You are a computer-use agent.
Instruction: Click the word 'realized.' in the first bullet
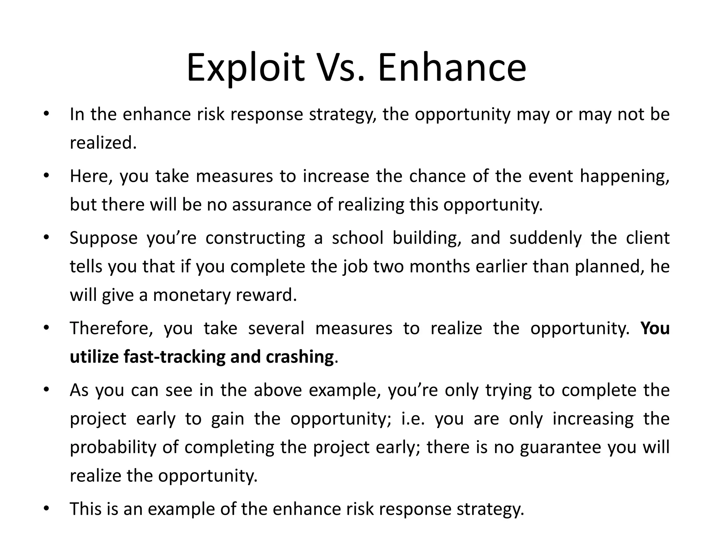[103, 143]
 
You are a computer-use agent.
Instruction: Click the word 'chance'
[437, 176]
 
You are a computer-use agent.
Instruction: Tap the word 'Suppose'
[103, 239]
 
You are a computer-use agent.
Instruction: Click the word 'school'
[357, 238]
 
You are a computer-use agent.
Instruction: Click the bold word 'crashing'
[300, 357]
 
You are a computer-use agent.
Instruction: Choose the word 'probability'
[113, 447]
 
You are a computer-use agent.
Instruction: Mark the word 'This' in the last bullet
[84, 509]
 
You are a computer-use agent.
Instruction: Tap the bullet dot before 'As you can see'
[46, 390]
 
